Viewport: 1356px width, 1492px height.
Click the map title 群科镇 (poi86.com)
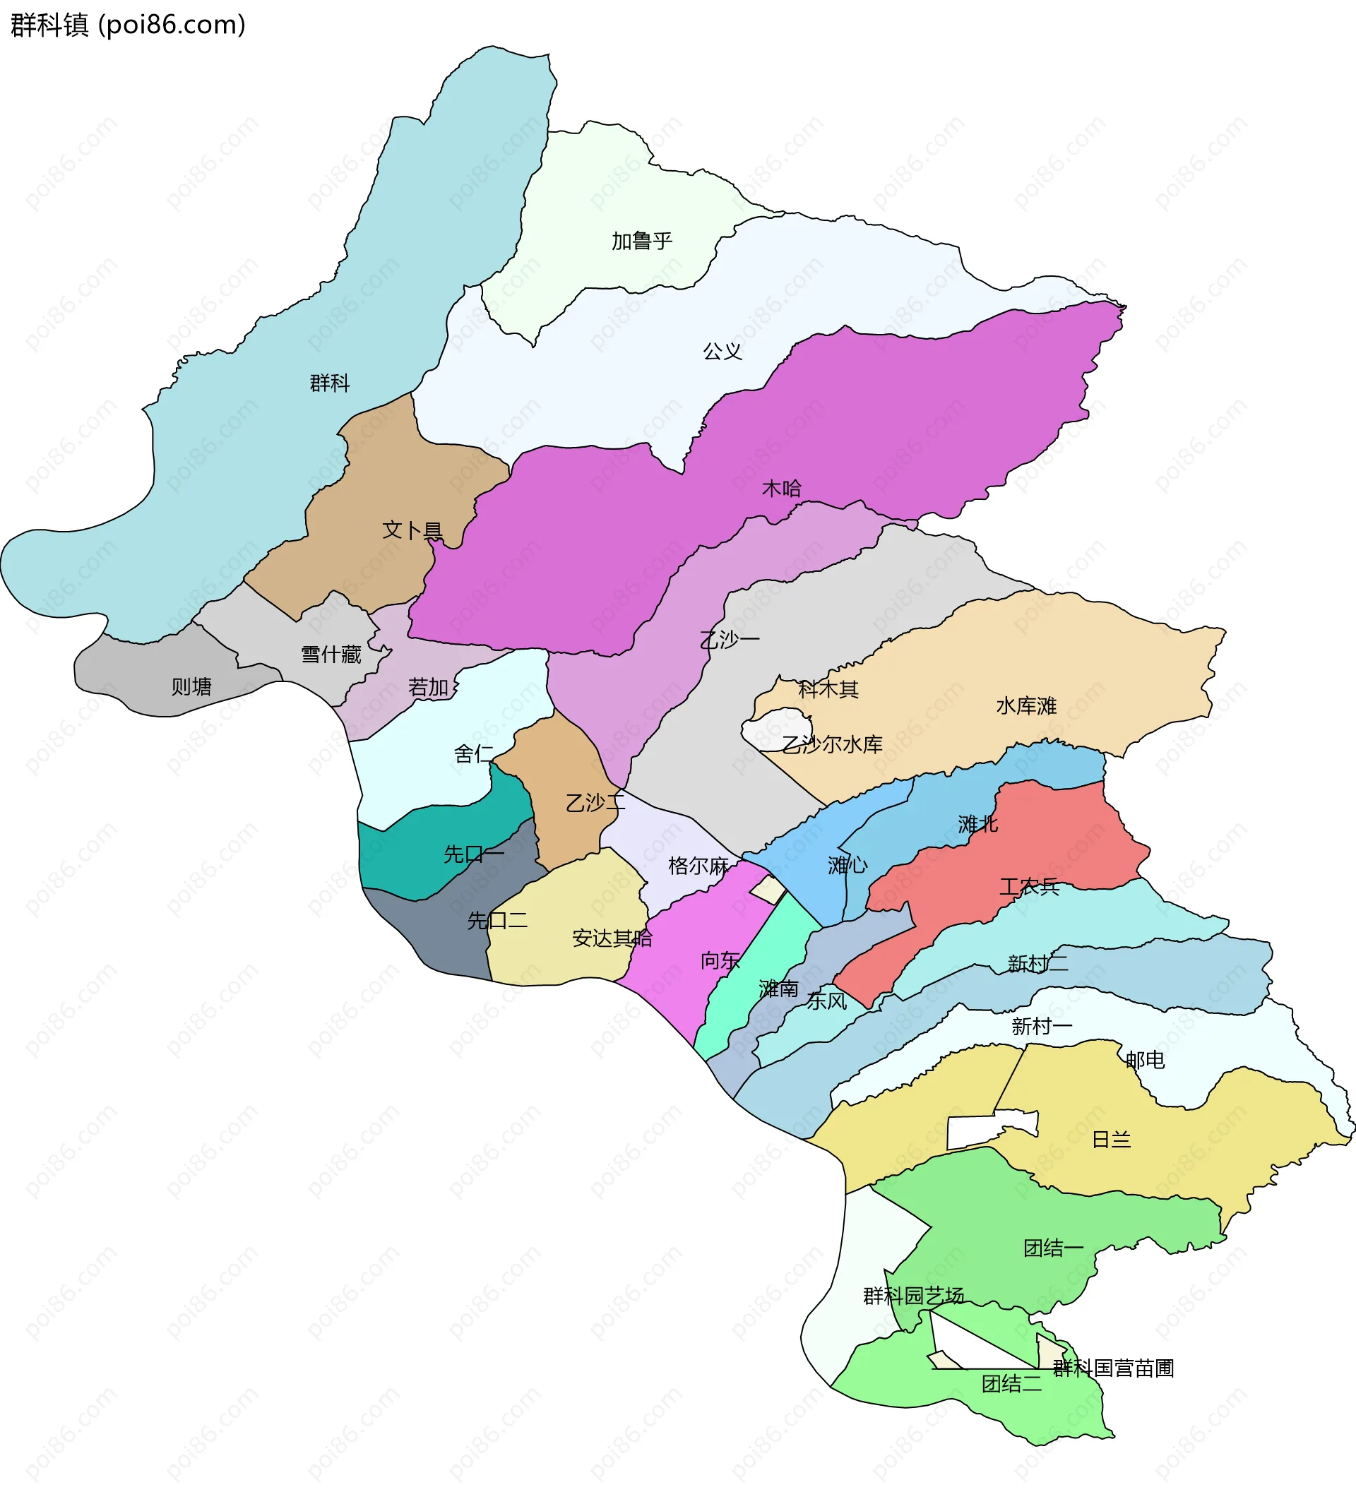(x=127, y=25)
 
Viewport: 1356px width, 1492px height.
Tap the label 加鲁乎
(x=641, y=241)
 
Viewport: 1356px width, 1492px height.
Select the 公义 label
(x=722, y=352)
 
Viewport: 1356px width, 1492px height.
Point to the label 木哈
(x=782, y=489)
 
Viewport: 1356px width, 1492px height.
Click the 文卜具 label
(x=412, y=530)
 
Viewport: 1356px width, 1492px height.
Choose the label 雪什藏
(x=331, y=655)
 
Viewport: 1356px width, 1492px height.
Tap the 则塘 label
(x=191, y=687)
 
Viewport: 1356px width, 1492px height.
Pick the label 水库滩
(x=1026, y=706)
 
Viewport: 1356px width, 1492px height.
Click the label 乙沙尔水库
(x=832, y=744)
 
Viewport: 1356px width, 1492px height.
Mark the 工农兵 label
(x=1029, y=887)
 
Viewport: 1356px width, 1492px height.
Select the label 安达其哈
(x=612, y=938)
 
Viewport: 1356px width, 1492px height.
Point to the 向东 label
(x=720, y=960)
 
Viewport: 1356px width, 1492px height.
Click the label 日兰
(x=1111, y=1140)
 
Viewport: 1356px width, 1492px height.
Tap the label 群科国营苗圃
(x=1112, y=1368)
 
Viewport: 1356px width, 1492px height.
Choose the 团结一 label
(x=1052, y=1248)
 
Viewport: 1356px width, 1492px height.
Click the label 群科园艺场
(x=913, y=1296)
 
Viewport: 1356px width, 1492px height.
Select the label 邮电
(x=1145, y=1061)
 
